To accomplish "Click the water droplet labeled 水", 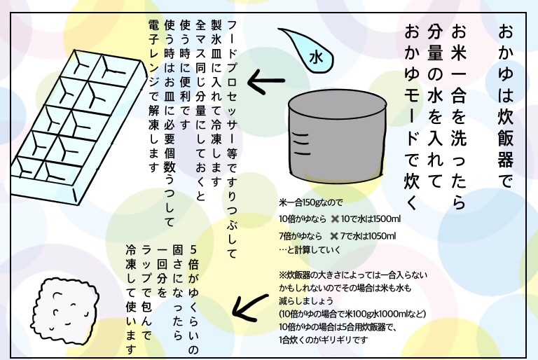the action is click(311, 53).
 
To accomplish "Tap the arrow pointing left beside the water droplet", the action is click(266, 81).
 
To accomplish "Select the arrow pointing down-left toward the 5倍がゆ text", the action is click(250, 307).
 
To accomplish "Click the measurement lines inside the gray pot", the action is click(301, 144).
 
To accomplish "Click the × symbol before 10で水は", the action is click(335, 219).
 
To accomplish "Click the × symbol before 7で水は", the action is click(334, 236).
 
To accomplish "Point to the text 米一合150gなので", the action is click(311, 202).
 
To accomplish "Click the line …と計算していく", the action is click(310, 250).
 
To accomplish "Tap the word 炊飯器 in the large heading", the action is click(505, 138).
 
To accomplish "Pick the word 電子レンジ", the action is click(153, 58).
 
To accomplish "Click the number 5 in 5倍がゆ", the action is click(193, 249).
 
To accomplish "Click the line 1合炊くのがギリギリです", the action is click(323, 340).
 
